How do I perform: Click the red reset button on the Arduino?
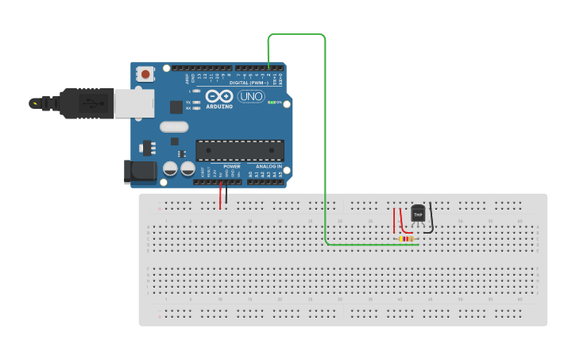tap(145, 74)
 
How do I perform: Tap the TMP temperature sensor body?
tap(418, 213)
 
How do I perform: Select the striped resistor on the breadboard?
tap(406, 238)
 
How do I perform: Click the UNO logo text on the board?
tap(251, 97)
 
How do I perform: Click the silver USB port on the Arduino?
tap(128, 103)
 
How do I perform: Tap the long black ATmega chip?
tap(239, 149)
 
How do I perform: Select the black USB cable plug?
tap(72, 103)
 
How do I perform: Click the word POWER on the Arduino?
tap(231, 166)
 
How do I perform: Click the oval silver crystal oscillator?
tap(173, 126)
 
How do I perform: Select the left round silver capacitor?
tap(170, 168)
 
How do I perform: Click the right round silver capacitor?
tap(187, 168)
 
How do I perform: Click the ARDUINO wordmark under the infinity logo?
tap(219, 106)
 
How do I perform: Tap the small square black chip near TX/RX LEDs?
tap(176, 106)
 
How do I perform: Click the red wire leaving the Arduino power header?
tap(220, 195)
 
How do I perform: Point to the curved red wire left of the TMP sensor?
tap(402, 221)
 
